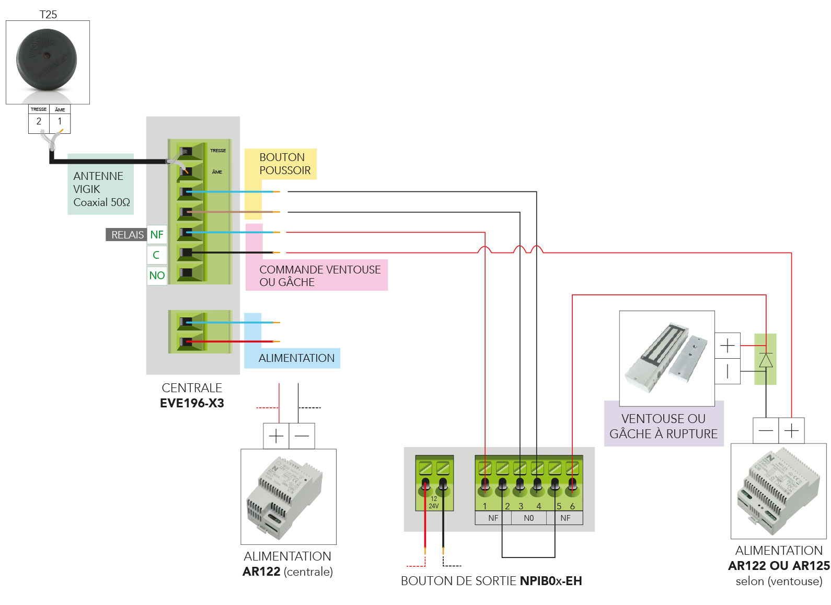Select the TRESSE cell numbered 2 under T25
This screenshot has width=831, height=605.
(39, 121)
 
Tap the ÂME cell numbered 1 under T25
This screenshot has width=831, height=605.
(60, 121)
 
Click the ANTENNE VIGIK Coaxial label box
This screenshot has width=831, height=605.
(100, 189)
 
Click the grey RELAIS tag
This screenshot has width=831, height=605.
(127, 235)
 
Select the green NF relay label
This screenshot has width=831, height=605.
(157, 235)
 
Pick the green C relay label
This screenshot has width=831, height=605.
(156, 255)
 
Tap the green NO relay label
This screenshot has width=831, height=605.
(157, 276)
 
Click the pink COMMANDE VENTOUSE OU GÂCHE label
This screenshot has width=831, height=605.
(320, 276)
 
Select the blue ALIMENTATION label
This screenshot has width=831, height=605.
(296, 358)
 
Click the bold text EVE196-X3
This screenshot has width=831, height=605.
(192, 403)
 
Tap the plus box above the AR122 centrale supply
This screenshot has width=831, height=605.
(276, 436)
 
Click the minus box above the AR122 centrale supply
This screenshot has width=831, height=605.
(302, 436)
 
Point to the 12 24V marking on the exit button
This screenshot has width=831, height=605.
(434, 503)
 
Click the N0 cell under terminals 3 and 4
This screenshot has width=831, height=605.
(528, 518)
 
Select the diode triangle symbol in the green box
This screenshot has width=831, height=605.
(766, 361)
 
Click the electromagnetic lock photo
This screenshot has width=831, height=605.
(666, 358)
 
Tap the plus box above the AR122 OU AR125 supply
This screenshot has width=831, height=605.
(791, 431)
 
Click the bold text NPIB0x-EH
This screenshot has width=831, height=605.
(551, 581)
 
